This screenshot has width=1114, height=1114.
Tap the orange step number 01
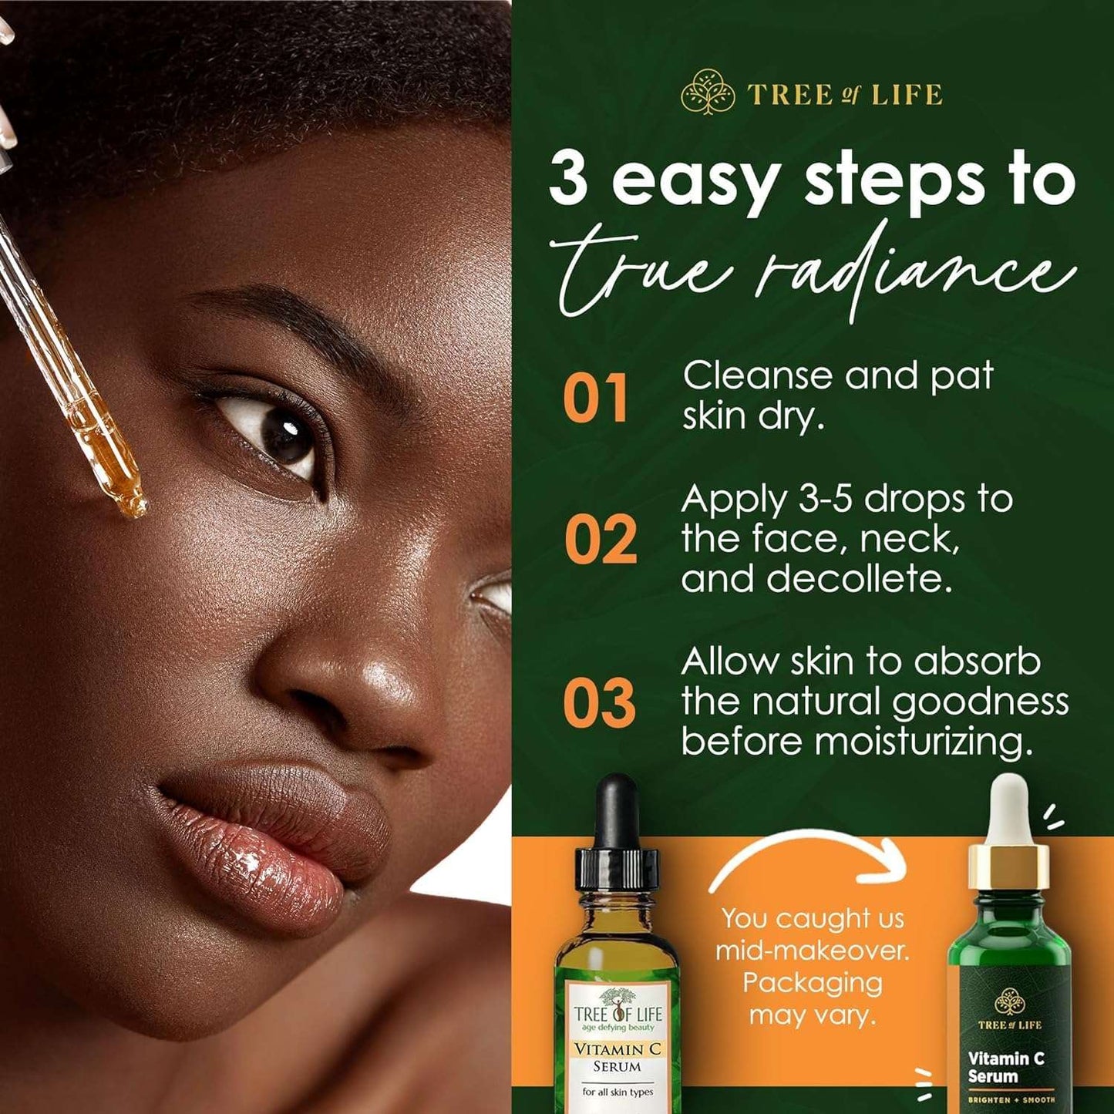click(x=594, y=399)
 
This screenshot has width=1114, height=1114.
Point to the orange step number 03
click(x=599, y=703)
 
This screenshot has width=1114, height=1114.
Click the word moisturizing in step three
click(x=923, y=742)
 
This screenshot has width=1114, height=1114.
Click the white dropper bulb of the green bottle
click(x=1009, y=809)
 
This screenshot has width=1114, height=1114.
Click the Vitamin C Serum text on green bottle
click(x=1005, y=1067)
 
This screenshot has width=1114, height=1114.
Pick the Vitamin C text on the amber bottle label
click(x=618, y=1049)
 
